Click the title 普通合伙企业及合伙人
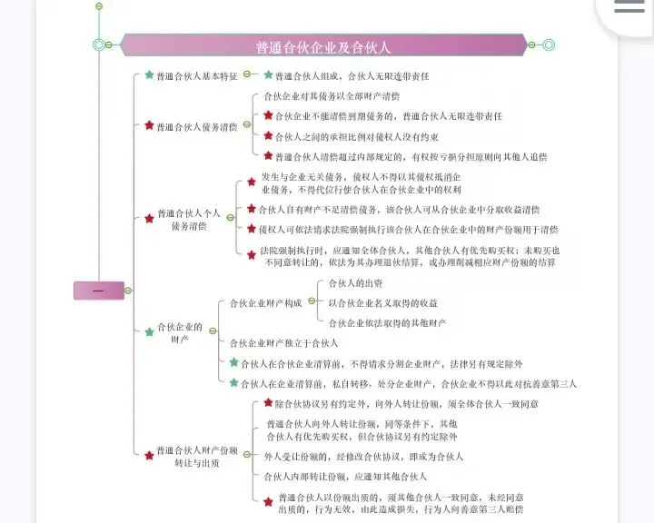click(x=323, y=46)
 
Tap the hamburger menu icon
click(x=629, y=7)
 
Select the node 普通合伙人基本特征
click(x=197, y=75)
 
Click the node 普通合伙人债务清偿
click(x=197, y=127)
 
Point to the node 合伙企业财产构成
click(x=265, y=303)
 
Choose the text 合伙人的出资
click(x=356, y=283)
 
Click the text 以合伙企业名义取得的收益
click(x=382, y=303)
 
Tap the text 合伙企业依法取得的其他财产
click(x=388, y=323)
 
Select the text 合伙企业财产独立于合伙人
click(x=283, y=343)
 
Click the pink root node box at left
click(x=98, y=291)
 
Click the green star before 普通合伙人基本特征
click(x=149, y=75)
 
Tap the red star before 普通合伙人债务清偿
click(x=149, y=126)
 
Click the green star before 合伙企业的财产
click(x=149, y=332)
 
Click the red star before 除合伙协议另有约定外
click(x=268, y=403)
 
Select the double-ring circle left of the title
click(x=99, y=44)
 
